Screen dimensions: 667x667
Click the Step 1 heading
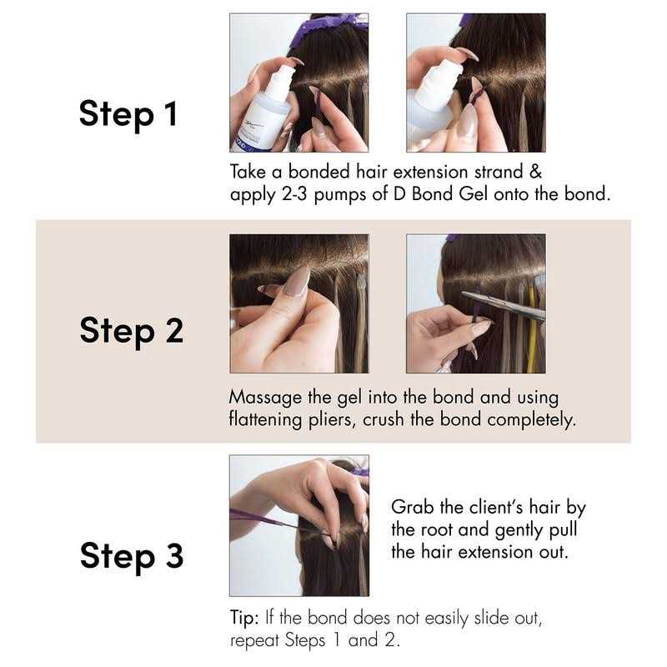coord(128,114)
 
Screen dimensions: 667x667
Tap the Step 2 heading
coord(131,330)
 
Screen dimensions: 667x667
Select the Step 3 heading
coord(131,555)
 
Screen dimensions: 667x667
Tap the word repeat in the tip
coord(255,642)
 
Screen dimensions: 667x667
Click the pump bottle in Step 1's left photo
coord(270,108)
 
